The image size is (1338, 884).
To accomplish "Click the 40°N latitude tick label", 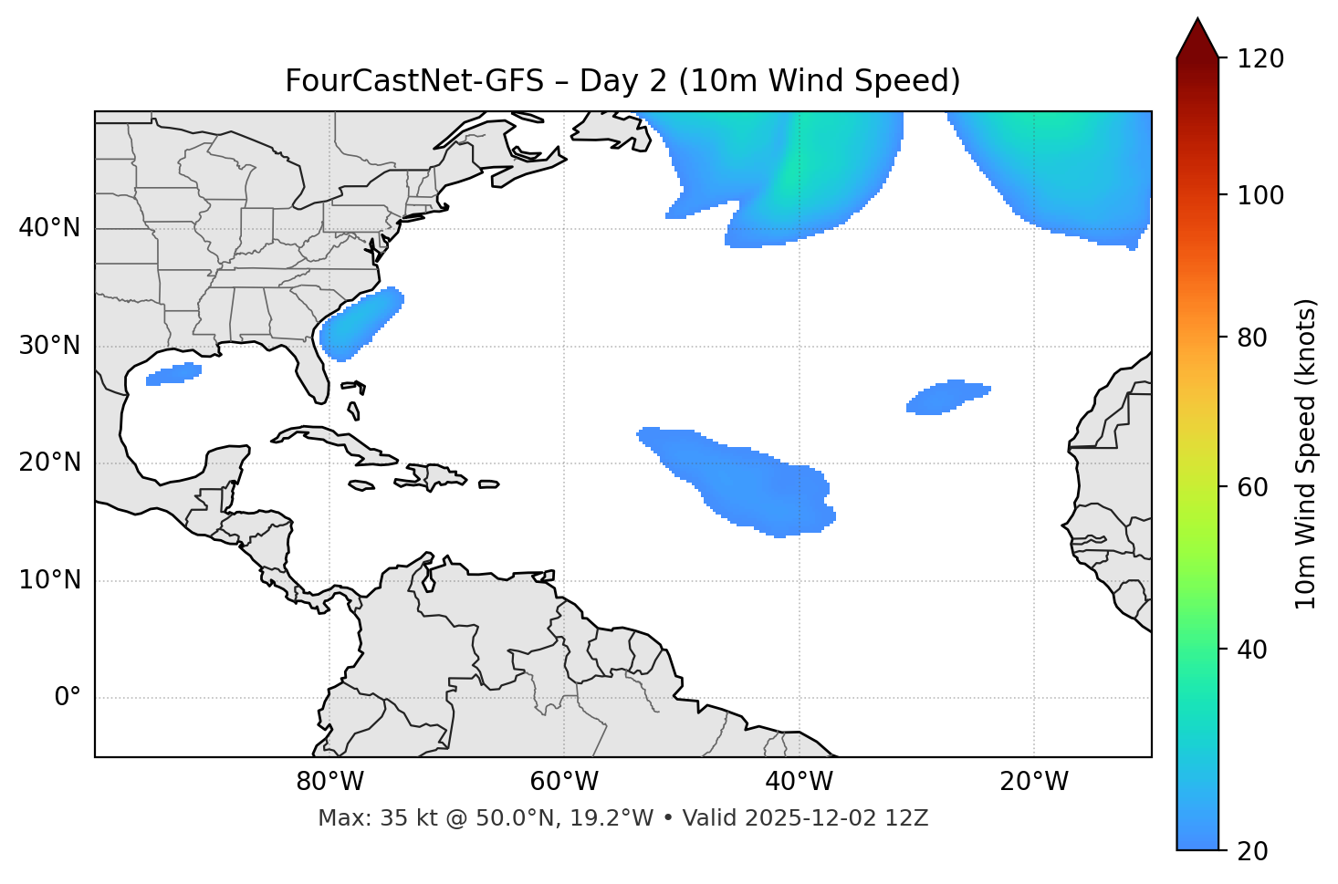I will click(49, 228).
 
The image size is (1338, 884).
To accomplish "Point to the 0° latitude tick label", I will click(68, 698).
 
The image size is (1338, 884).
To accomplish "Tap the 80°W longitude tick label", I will click(329, 782).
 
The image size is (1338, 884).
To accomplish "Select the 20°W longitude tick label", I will click(1034, 782).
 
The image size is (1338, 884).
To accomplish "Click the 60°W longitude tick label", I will click(564, 782).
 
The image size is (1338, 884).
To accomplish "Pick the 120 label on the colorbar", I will click(1261, 59).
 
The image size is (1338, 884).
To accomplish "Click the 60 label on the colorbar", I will click(1255, 487).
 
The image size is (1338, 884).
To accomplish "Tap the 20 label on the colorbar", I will click(1255, 851).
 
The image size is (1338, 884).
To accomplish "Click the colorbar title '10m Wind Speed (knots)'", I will click(1306, 453).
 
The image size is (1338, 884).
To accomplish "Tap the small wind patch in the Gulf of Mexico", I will click(173, 374).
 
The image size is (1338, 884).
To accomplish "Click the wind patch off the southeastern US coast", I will click(361, 324).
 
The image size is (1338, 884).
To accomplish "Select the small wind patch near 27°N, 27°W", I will click(947, 397).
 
